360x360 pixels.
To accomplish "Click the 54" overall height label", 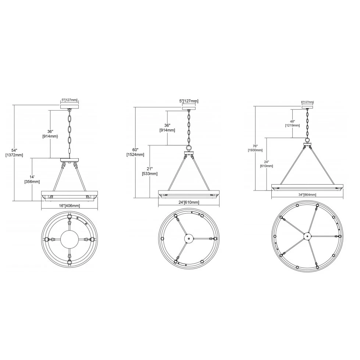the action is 14,153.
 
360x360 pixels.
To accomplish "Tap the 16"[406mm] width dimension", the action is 69,206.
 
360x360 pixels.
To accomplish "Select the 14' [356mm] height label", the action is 32,179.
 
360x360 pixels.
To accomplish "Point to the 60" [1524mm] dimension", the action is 135,152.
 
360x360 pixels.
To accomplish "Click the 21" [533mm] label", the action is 150,171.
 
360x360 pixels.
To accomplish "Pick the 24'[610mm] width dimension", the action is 189,203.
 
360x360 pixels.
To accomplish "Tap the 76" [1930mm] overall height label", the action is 255,148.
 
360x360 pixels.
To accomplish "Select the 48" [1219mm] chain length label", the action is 292,123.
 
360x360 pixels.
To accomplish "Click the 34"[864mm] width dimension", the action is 307,195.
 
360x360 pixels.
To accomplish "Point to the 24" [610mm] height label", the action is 266,164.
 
